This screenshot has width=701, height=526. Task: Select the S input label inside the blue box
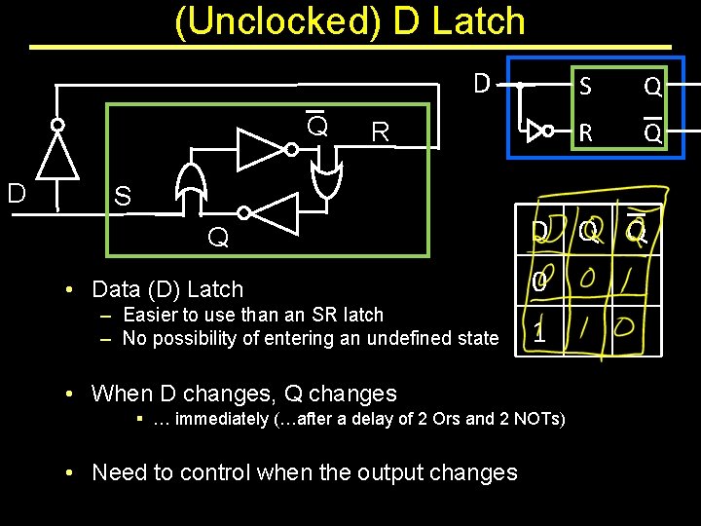(x=585, y=87)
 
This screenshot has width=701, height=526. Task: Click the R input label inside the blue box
(x=585, y=131)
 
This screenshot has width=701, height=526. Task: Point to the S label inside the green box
(x=122, y=196)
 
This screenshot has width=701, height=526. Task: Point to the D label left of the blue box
(x=481, y=84)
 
